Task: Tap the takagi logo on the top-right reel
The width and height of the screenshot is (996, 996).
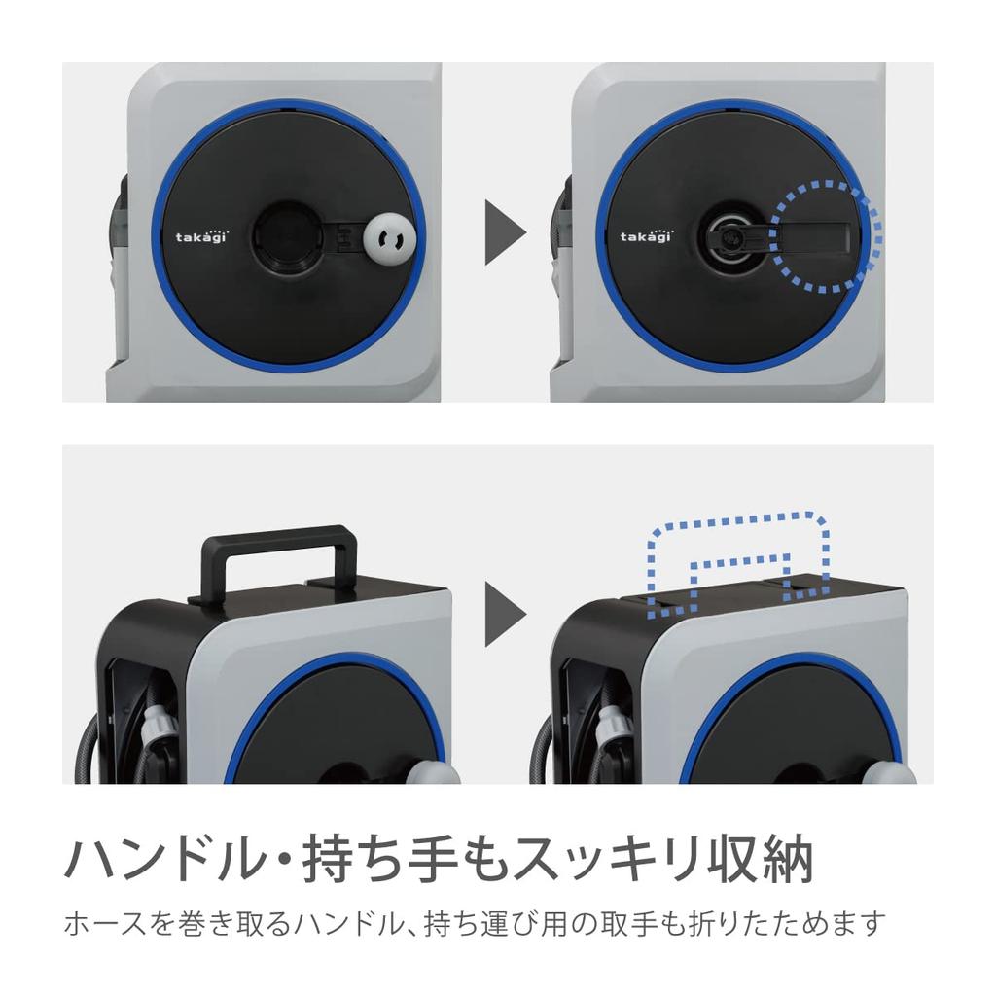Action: point(649,234)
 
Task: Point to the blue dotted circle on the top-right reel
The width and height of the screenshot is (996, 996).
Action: point(826,235)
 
